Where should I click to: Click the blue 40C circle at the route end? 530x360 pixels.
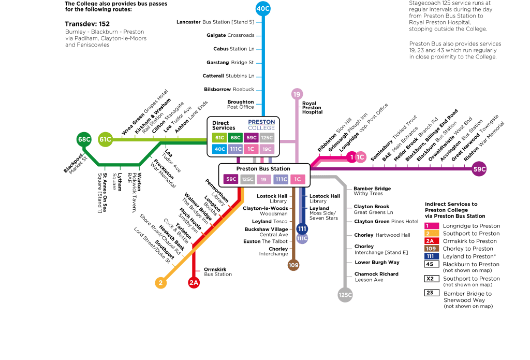pyautogui.click(x=263, y=8)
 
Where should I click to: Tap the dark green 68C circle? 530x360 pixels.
pyautogui.click(x=84, y=139)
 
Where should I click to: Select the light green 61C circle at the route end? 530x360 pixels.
pyautogui.click(x=105, y=139)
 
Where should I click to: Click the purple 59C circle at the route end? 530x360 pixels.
pyautogui.click(x=479, y=169)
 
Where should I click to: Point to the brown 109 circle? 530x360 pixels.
pyautogui.click(x=293, y=265)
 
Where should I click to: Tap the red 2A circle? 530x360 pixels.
pyautogui.click(x=194, y=282)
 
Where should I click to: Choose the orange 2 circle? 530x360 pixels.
pyautogui.click(x=161, y=282)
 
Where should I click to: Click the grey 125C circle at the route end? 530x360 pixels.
pyautogui.click(x=345, y=295)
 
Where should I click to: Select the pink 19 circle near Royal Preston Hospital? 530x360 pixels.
pyautogui.click(x=297, y=94)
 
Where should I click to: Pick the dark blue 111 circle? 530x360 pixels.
pyautogui.click(x=302, y=229)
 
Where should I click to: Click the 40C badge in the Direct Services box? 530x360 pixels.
pyautogui.click(x=219, y=149)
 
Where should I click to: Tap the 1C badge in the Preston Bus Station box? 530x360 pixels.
pyautogui.click(x=298, y=179)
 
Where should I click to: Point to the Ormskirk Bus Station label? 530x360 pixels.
pyautogui.click(x=218, y=272)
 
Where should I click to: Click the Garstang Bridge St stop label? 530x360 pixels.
pyautogui.click(x=230, y=62)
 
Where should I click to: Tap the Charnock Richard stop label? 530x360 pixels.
pyautogui.click(x=377, y=277)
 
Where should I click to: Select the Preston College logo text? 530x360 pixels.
pyautogui.click(x=261, y=125)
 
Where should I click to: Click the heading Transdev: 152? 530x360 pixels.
pyautogui.click(x=87, y=24)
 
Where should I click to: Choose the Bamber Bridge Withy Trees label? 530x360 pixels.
pyautogui.click(x=372, y=191)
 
